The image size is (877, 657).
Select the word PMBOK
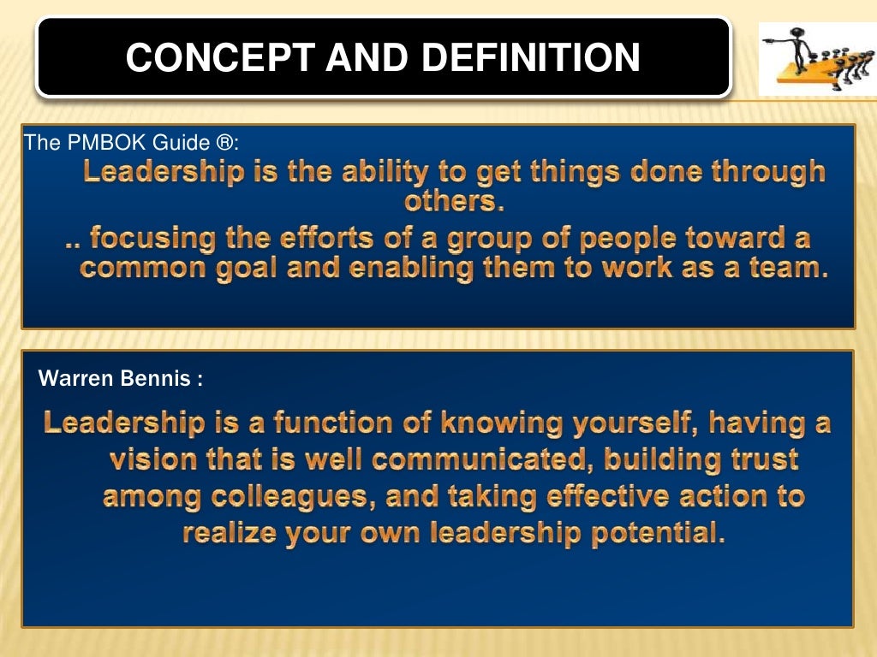[103, 142]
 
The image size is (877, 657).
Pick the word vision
[153, 460]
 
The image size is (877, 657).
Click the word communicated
[484, 460]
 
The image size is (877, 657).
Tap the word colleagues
[282, 497]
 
